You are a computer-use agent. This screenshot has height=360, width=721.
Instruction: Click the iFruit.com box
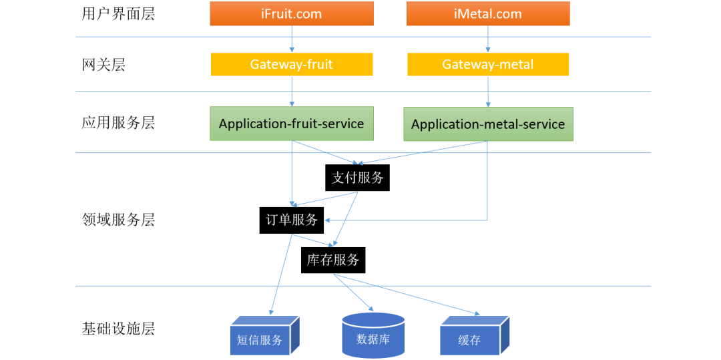tap(292, 13)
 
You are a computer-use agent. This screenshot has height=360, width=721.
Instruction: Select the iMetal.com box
tap(488, 13)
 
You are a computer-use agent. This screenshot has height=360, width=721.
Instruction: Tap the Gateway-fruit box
tap(292, 64)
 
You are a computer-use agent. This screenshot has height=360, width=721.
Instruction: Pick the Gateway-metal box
tap(488, 64)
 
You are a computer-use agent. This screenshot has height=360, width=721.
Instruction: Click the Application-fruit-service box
tap(292, 124)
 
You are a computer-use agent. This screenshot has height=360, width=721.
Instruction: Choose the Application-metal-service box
tap(488, 124)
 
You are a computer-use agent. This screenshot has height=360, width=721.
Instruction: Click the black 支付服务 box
tap(357, 178)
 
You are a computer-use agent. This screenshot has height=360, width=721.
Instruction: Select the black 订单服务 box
tap(292, 220)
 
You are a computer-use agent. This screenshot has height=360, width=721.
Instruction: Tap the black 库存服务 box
tap(333, 260)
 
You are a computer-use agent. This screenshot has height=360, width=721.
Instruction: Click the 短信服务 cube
tap(264, 335)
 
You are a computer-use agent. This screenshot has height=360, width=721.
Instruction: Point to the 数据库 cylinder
tap(373, 336)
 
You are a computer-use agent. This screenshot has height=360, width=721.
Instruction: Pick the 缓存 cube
tap(475, 335)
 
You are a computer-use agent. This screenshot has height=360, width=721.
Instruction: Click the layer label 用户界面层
tap(118, 14)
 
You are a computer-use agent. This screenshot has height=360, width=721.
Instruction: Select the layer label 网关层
tap(103, 65)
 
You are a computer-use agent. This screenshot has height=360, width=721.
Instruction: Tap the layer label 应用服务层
tap(118, 123)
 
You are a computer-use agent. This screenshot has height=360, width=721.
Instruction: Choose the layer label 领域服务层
tap(118, 220)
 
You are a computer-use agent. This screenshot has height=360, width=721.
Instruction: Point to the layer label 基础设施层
tap(118, 329)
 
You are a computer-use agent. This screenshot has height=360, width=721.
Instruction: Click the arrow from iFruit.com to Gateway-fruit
tap(292, 39)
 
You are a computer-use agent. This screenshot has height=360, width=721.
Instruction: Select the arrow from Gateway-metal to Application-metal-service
tap(488, 92)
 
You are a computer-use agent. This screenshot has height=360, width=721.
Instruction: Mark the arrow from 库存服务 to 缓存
tap(406, 295)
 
